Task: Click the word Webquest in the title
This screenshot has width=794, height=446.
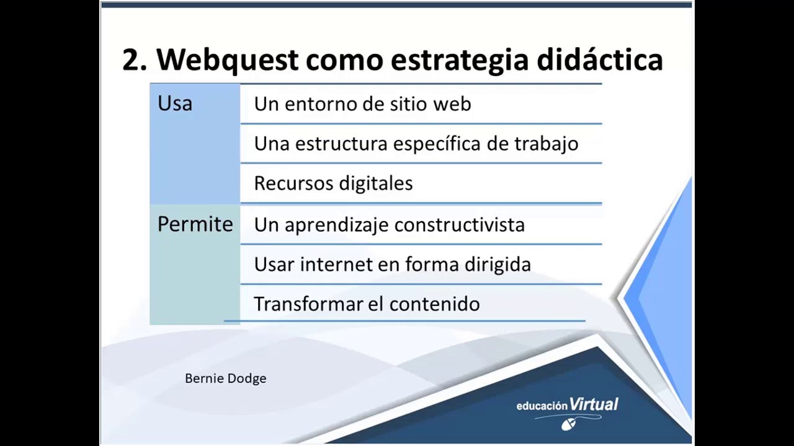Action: pos(227,60)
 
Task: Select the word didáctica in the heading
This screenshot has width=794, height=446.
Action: pos(600,60)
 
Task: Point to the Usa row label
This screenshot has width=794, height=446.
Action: pos(175,103)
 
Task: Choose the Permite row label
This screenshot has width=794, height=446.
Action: pos(195,224)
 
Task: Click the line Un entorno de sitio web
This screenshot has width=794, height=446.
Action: pos(362,104)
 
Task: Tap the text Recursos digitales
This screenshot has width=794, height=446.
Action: pos(333,183)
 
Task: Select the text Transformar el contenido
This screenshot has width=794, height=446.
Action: pos(367,304)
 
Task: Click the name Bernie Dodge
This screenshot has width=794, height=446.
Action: pos(225,378)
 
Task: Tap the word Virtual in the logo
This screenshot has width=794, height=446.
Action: pos(594,404)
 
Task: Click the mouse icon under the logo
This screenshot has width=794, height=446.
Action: pos(568,424)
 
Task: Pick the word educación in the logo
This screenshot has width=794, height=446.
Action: pos(542,406)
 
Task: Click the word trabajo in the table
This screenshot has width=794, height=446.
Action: pos(546,144)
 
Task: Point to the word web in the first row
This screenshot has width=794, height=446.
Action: pos(452,104)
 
